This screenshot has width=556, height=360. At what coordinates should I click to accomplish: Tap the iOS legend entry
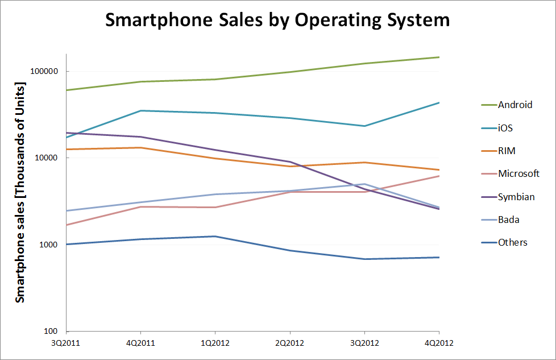(505, 128)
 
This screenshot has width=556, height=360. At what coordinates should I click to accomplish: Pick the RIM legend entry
(507, 151)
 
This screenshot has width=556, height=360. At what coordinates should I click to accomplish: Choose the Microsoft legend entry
(518, 173)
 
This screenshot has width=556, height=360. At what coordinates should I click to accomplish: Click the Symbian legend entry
(516, 197)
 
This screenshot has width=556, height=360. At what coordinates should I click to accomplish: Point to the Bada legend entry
(508, 220)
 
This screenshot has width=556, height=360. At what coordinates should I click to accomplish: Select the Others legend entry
(512, 242)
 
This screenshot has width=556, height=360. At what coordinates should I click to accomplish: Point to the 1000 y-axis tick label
(51, 245)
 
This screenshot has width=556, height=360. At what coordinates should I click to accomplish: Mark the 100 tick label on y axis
(53, 332)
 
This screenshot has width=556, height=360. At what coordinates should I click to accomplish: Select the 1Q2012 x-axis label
(215, 342)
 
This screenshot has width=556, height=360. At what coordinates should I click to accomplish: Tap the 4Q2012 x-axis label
(438, 342)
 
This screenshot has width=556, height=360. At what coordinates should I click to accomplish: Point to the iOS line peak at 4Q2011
(141, 110)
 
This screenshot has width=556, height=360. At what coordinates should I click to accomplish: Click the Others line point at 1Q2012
(215, 236)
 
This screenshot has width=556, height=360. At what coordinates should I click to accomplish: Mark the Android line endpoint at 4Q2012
(438, 57)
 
